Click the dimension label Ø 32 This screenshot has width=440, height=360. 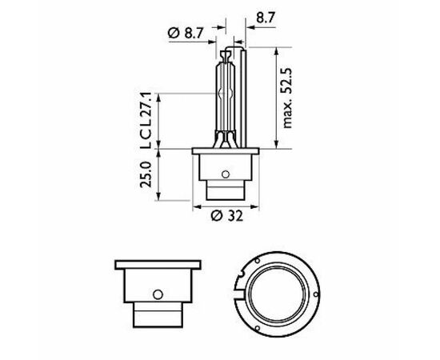coord(227,216)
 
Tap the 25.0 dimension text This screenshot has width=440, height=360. coord(146,174)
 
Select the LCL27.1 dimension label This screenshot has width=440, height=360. coord(146,120)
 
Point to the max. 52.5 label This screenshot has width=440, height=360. coord(287,98)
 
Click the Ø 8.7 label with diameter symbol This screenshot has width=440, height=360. coord(186,34)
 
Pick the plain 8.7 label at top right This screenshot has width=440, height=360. coord(265,18)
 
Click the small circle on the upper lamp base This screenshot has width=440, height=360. coord(226,174)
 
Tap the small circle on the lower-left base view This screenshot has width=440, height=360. coord(158,294)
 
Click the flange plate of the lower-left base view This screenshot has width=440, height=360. coord(158,265)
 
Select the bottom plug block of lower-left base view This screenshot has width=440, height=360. coord(158,315)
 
